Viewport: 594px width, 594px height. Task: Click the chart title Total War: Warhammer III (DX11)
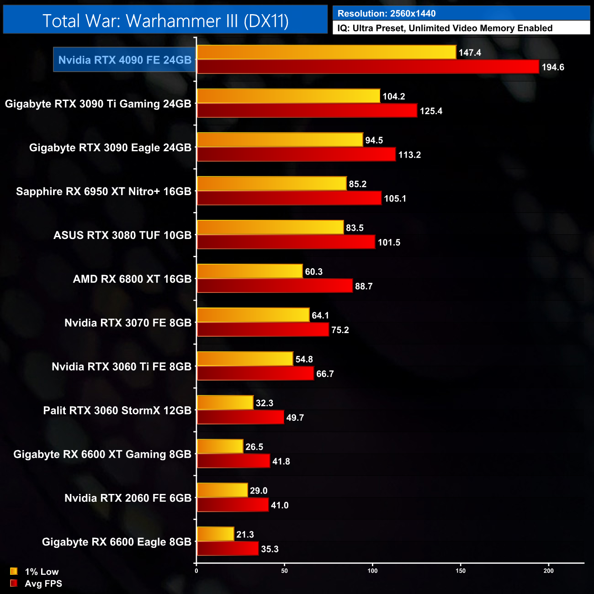[x=165, y=21]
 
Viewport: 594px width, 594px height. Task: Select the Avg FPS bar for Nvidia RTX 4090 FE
[x=368, y=67]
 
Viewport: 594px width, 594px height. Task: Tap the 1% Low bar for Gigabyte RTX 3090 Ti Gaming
[x=288, y=96]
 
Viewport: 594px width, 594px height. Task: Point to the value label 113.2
[x=409, y=155]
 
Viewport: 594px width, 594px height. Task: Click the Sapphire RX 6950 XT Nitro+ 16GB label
[x=104, y=191]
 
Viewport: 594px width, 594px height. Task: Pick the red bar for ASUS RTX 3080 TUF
[x=286, y=242]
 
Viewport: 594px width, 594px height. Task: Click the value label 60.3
[x=314, y=272]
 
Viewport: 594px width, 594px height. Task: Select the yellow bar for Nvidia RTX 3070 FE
[x=253, y=315]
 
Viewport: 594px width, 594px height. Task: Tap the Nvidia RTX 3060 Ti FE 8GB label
[x=122, y=366]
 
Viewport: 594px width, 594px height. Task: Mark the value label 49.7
[x=295, y=418]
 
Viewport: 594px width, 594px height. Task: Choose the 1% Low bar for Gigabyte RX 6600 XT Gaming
[x=220, y=446]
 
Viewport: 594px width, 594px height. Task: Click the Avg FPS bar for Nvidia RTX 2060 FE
[x=233, y=505]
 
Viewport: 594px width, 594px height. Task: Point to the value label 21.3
[x=245, y=535]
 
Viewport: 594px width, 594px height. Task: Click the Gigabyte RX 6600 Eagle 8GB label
[x=117, y=542]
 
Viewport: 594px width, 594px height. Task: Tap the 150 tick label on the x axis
[x=461, y=571]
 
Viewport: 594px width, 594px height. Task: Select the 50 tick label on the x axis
[x=285, y=571]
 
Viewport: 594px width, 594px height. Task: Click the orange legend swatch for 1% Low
[x=14, y=571]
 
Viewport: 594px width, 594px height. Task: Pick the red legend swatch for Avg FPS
[x=14, y=583]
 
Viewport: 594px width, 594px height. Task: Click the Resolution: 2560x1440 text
[x=387, y=14]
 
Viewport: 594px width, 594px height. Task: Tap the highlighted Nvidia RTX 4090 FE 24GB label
[x=125, y=60]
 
